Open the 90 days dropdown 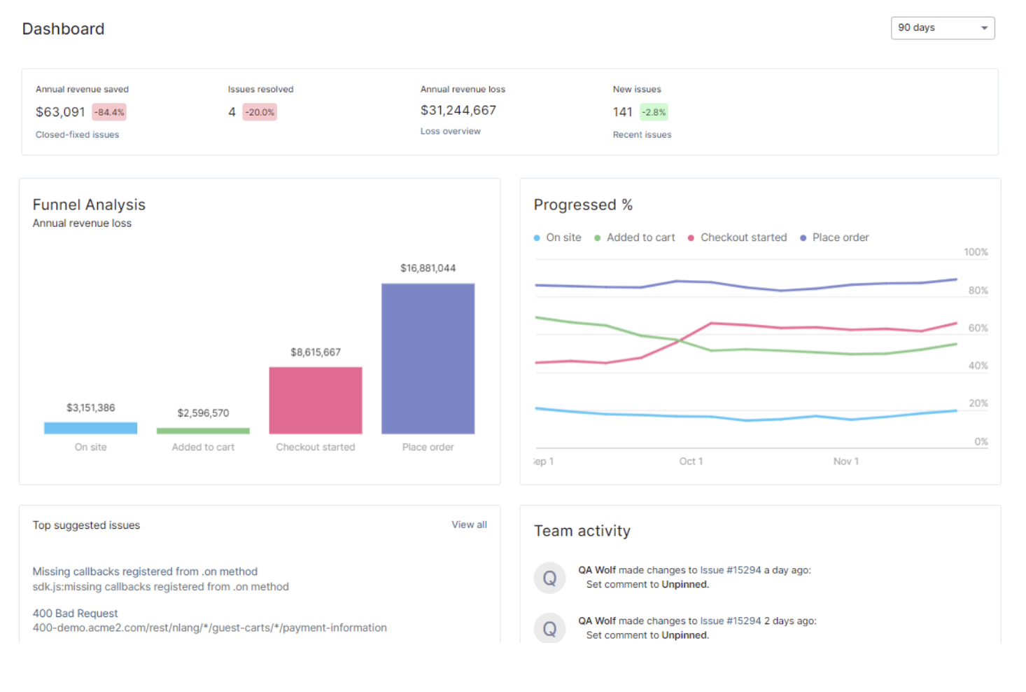pyautogui.click(x=942, y=28)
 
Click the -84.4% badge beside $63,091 pyautogui.click(x=109, y=112)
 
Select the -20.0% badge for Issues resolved pyautogui.click(x=260, y=112)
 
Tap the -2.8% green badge pyautogui.click(x=654, y=112)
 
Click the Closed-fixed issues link pyautogui.click(x=77, y=134)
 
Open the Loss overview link pyautogui.click(x=450, y=131)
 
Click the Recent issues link pyautogui.click(x=642, y=134)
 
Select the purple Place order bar pyautogui.click(x=428, y=358)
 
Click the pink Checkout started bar pyautogui.click(x=316, y=400)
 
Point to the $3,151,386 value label pyautogui.click(x=91, y=408)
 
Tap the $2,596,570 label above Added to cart pyautogui.click(x=203, y=413)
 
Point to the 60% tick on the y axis pyautogui.click(x=978, y=328)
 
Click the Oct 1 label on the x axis pyautogui.click(x=691, y=461)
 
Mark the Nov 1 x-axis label pyautogui.click(x=845, y=461)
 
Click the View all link pyautogui.click(x=469, y=525)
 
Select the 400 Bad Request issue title pyautogui.click(x=76, y=614)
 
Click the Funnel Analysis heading pyautogui.click(x=89, y=205)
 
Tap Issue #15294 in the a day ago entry pyautogui.click(x=730, y=570)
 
